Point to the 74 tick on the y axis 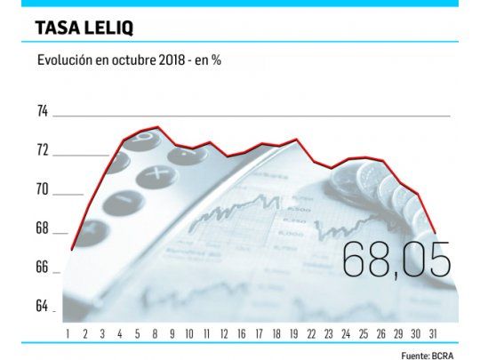[x=43, y=111]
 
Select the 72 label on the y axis [x=43, y=150]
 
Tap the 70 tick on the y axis [x=43, y=189]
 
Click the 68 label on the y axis [x=43, y=228]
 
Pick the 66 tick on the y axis [x=43, y=268]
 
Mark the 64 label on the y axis [x=43, y=307]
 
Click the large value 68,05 [x=396, y=259]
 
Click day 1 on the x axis [x=68, y=333]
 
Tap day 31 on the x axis [x=432, y=333]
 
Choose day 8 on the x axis [x=156, y=333]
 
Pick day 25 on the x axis [x=363, y=333]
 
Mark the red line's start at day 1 [x=72, y=250]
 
